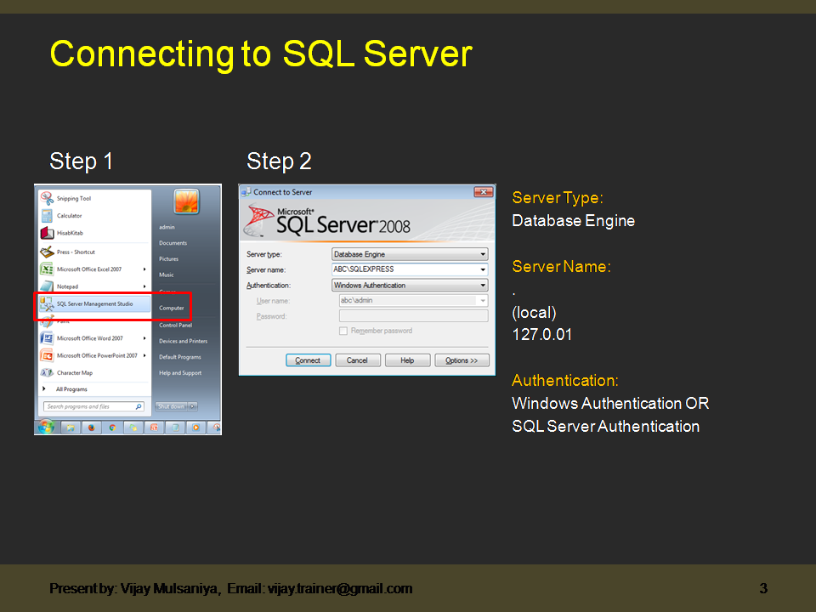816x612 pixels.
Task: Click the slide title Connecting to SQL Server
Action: (x=260, y=54)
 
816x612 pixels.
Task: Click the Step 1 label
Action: (x=82, y=161)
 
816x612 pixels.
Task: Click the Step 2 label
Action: (x=279, y=161)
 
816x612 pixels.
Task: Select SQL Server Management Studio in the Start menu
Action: (x=94, y=303)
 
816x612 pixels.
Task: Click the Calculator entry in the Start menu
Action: (x=69, y=216)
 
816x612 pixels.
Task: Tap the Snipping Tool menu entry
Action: (x=73, y=199)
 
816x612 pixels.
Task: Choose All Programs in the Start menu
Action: (x=71, y=389)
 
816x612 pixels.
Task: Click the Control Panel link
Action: (x=175, y=325)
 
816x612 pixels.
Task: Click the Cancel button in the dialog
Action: (x=357, y=360)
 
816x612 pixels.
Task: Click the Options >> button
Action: (x=462, y=360)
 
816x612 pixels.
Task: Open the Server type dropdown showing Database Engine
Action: (x=410, y=254)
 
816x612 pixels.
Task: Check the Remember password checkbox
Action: (x=343, y=331)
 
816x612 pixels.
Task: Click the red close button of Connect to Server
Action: (x=484, y=192)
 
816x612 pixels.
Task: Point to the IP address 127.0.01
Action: (x=541, y=335)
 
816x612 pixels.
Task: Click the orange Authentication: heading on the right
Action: (x=565, y=380)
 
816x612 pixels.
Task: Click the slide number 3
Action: (x=763, y=588)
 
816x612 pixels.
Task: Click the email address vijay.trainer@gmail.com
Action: (x=340, y=588)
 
